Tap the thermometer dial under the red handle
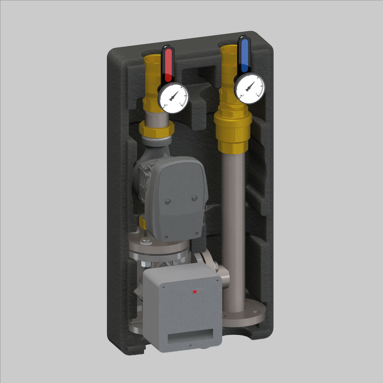173,98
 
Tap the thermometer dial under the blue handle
250,88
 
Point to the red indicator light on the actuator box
194,291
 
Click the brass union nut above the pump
156,129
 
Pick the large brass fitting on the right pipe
233,127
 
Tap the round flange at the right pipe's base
245,314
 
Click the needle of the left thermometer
173,96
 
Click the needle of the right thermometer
250,87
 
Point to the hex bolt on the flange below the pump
145,241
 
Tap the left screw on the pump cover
168,202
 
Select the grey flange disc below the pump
159,249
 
